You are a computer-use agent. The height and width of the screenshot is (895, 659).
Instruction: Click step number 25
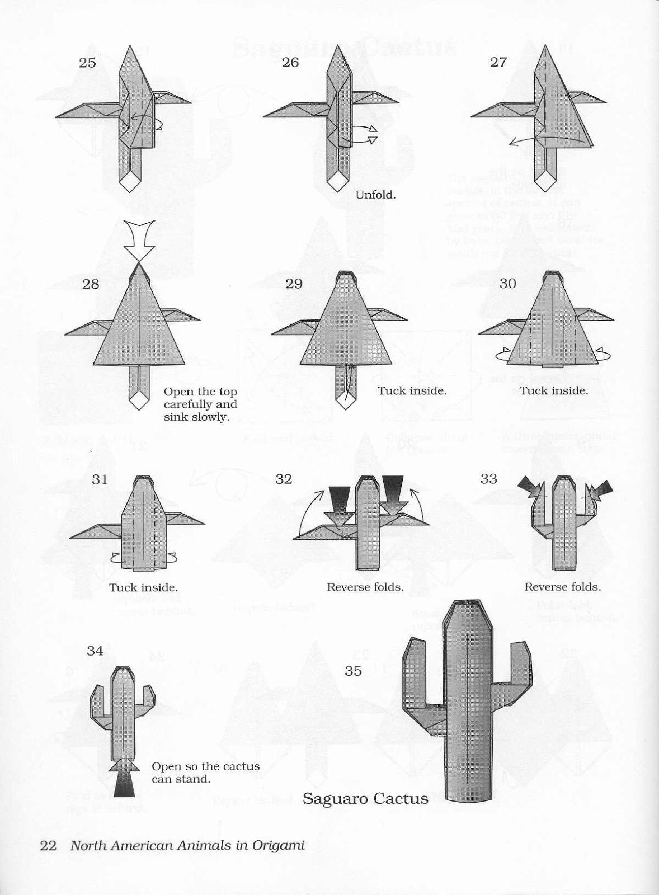tap(87, 63)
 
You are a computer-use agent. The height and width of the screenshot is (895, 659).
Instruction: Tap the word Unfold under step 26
tap(375, 195)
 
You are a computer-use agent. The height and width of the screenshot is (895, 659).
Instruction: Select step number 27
tap(498, 62)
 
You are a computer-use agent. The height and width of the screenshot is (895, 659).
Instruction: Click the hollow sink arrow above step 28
tap(140, 239)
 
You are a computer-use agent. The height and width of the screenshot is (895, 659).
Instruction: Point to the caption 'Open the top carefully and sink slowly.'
tap(200, 404)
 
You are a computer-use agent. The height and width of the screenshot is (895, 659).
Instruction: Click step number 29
tap(294, 284)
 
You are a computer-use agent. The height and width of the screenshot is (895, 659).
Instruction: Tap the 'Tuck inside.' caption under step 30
tap(554, 390)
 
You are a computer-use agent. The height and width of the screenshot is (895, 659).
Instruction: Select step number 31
tap(100, 479)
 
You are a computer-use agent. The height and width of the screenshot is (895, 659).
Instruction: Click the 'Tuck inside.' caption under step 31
tap(143, 587)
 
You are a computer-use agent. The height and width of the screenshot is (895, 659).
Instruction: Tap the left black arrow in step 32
tap(340, 500)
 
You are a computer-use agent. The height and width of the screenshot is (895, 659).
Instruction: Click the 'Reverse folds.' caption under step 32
tap(365, 587)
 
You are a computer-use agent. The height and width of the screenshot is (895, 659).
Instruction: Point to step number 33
tap(488, 479)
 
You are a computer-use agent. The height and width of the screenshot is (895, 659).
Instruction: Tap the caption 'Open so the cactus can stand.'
tap(205, 772)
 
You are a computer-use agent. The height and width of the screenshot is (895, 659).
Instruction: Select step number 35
tap(353, 671)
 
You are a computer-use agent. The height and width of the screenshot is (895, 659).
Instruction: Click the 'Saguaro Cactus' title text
tap(365, 799)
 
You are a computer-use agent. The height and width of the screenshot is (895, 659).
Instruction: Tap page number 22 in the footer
tap(48, 845)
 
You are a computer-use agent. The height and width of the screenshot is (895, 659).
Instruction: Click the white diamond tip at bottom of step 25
tap(130, 180)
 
